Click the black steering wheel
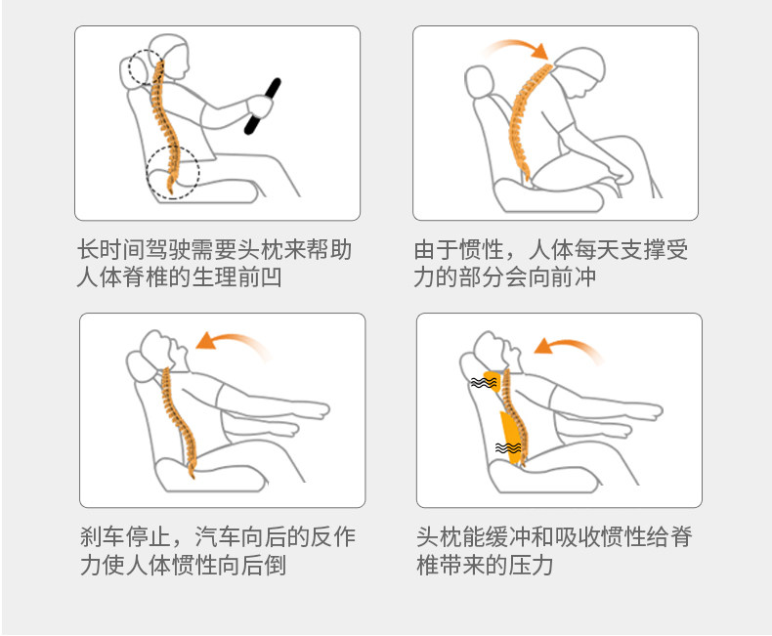[x=263, y=106]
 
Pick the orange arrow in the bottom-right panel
[x=566, y=342]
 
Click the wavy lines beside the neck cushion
[x=483, y=382]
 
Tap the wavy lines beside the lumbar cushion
[x=508, y=448]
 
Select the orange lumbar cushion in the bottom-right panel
[x=511, y=438]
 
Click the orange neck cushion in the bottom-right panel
[x=493, y=381]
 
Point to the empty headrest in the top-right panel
[x=479, y=81]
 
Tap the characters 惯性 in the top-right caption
[x=482, y=249]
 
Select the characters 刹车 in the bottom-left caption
[x=103, y=536]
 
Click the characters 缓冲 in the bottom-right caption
[x=508, y=536]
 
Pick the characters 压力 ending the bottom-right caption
[x=531, y=565]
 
